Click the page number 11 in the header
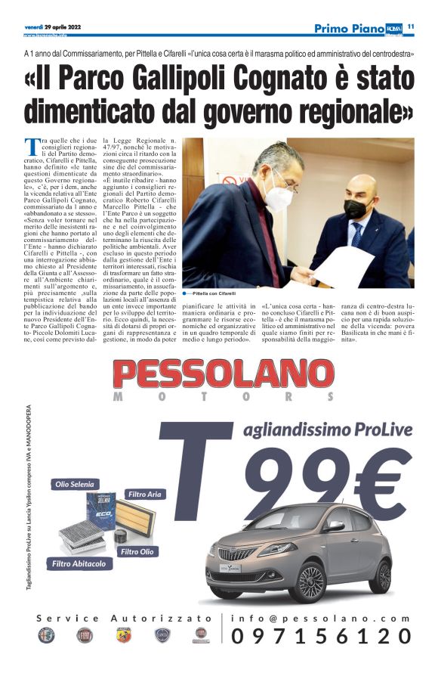click(412, 26)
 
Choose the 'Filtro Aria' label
click(144, 494)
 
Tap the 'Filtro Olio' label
click(137, 552)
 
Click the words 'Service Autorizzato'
click(125, 618)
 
